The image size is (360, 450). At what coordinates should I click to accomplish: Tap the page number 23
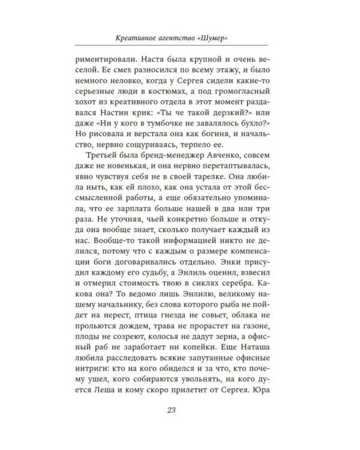[x=179, y=410]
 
